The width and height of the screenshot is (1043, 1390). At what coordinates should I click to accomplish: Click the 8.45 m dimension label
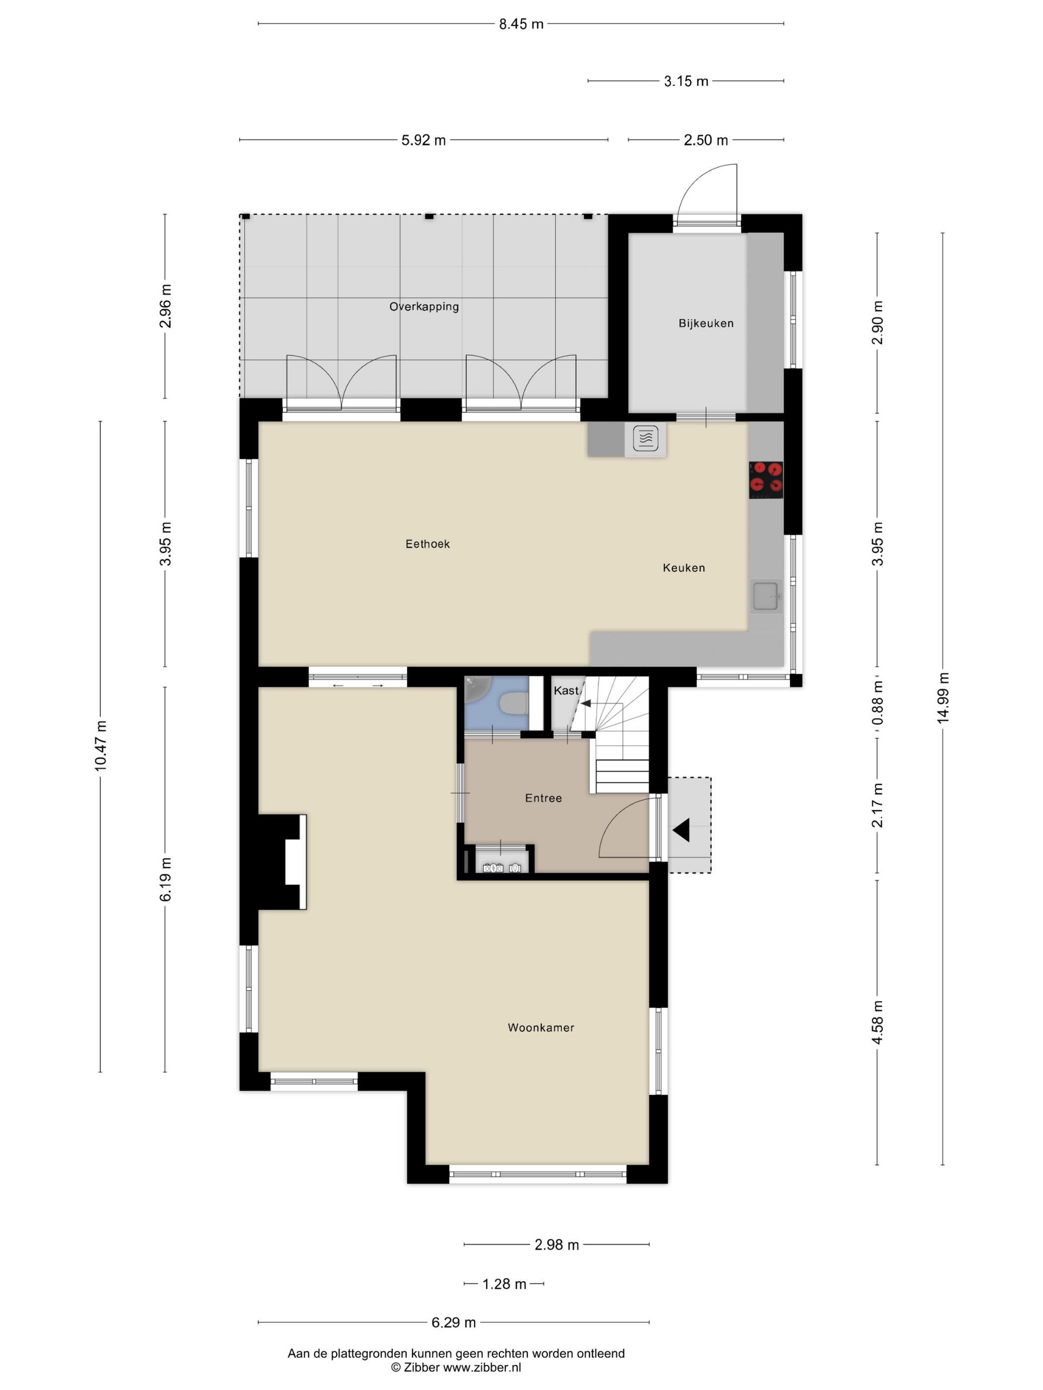[521, 24]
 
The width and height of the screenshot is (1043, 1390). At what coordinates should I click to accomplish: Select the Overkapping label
[424, 307]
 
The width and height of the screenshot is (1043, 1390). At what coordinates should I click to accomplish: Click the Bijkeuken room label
[705, 324]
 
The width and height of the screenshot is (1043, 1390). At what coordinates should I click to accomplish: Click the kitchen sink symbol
[766, 596]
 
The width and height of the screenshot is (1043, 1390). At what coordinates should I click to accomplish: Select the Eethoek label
[428, 544]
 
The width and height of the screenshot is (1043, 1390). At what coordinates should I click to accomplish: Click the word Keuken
[683, 568]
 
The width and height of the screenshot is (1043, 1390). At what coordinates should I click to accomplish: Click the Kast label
[565, 691]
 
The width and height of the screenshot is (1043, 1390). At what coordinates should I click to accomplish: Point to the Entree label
[543, 798]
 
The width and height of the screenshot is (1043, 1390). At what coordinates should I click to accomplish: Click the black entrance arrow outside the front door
[681, 830]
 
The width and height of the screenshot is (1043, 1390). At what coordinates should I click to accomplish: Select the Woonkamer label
[541, 1028]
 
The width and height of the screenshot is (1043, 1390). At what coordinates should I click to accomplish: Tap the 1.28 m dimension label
[504, 1284]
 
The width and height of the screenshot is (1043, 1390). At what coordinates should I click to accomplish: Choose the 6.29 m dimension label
[453, 1323]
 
